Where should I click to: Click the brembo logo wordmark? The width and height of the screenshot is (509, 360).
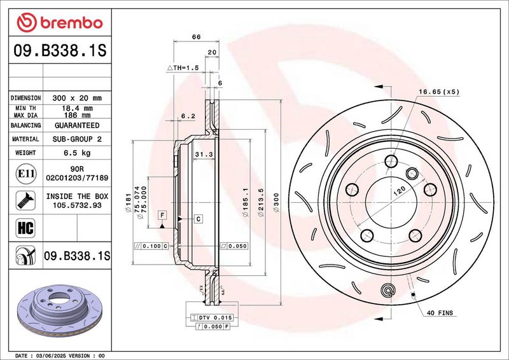71,23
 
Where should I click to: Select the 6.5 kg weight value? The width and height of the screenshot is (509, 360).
77,153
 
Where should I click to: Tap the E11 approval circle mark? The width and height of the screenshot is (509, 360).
25,174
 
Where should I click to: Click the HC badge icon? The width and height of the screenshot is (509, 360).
25,228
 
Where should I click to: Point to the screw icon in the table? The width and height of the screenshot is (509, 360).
25,200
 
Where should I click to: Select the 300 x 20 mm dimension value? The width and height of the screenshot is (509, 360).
77,98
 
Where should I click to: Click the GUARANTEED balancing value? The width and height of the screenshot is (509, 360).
77,126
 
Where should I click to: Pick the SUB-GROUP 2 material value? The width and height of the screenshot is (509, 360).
77,139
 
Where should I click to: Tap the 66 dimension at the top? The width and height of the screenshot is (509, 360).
196,37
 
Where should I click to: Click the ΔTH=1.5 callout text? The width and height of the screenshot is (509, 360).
183,68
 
